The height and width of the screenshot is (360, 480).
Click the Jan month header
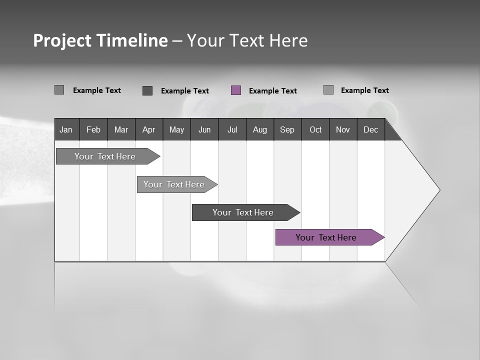66,129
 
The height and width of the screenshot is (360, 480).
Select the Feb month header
93,129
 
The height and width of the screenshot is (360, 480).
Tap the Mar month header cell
121,129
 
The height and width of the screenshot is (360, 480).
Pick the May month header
176,129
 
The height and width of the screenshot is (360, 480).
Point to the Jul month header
232,129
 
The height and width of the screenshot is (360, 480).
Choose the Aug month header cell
260,129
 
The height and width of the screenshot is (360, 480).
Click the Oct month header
315,129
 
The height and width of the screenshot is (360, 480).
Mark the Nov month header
343,129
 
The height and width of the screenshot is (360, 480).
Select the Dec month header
370,129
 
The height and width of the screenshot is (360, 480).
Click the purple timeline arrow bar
326,237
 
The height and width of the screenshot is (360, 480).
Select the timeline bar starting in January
105,156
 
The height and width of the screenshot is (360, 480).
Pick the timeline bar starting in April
174,184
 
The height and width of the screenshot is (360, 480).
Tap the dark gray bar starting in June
243,212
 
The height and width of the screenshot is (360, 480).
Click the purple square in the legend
236,90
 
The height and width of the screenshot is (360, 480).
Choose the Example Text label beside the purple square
272,91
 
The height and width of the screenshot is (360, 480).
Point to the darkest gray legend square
147,90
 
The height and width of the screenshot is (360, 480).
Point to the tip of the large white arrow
438,190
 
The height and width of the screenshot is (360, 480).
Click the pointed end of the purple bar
382,237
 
